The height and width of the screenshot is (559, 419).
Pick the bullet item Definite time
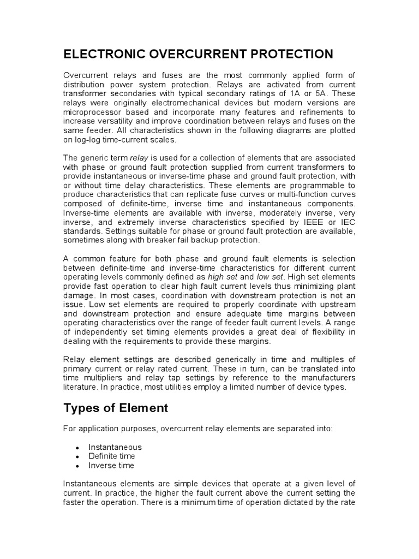[111, 456]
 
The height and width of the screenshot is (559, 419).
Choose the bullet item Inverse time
[111, 466]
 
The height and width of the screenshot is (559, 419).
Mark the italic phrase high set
[224, 277]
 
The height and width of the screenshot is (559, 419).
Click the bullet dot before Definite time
[77, 456]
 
